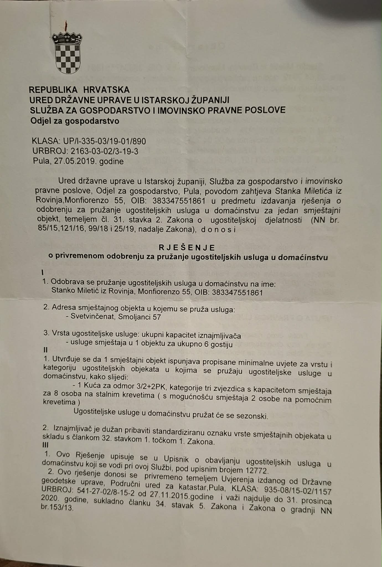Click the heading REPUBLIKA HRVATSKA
coord(79,90)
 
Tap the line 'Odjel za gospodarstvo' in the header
coord(75,121)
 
